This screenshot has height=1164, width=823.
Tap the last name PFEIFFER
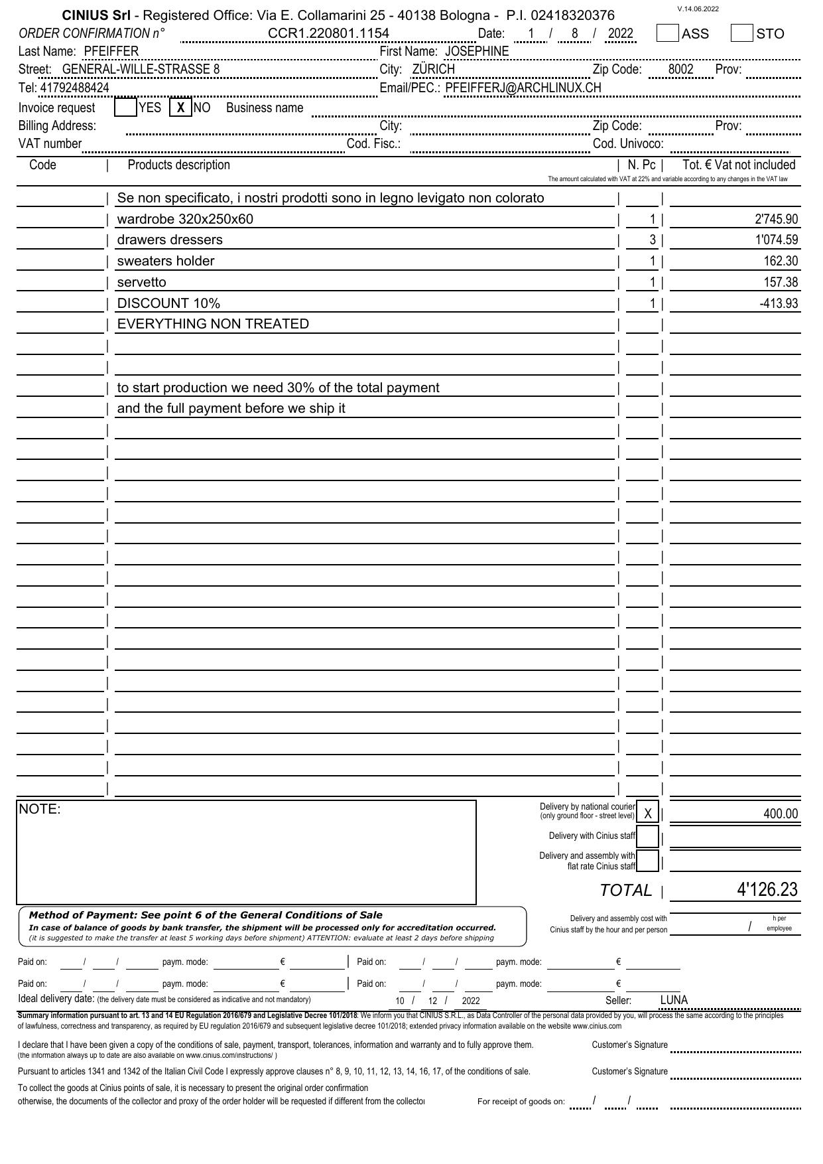coord(111,52)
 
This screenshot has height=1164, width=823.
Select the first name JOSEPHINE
coord(477,52)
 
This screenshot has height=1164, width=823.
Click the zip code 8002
coord(680,70)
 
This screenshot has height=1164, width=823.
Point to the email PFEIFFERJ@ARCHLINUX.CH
coord(523,88)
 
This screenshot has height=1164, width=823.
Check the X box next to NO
coord(180,107)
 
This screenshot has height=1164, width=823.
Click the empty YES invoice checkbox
coord(125,107)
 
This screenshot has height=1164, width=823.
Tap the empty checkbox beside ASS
coord(667,33)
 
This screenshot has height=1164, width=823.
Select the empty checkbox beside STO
coord(741,33)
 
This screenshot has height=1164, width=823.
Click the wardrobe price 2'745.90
coord(777,219)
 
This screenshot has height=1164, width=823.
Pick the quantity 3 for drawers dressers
coord(653,240)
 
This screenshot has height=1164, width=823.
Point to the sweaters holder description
coord(166,261)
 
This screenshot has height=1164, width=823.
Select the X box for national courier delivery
coord(648,813)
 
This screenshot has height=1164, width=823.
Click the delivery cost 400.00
coord(781,814)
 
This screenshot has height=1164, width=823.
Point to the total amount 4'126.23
coord(767,889)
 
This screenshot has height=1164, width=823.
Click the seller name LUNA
coord(674,1000)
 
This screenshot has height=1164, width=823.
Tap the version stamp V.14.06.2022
coord(698,9)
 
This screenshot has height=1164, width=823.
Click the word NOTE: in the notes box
coord(40,809)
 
